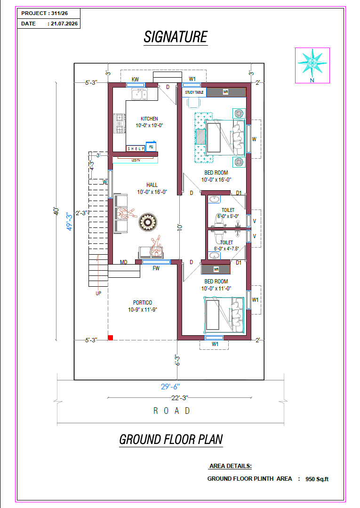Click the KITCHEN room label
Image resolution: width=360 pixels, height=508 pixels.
(149, 119)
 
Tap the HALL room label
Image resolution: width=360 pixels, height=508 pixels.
(152, 185)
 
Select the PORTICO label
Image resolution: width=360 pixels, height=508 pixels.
(143, 303)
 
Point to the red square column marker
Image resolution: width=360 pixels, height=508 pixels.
(111, 338)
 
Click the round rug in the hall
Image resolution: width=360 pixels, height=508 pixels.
(148, 222)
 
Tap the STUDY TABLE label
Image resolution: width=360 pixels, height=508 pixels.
(194, 92)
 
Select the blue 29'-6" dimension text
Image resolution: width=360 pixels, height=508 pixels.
(170, 387)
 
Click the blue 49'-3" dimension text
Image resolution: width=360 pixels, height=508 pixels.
(69, 222)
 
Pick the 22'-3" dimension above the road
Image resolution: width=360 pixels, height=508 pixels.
(180, 397)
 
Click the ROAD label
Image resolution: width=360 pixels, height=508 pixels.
(172, 411)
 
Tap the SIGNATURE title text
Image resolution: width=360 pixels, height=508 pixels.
(176, 37)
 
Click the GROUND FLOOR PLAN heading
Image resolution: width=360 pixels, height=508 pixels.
(171, 440)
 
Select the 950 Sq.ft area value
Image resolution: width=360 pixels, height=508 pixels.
(317, 479)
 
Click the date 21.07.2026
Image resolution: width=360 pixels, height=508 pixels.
(64, 24)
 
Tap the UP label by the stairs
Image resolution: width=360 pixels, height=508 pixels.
(98, 293)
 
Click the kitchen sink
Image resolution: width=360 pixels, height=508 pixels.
(140, 94)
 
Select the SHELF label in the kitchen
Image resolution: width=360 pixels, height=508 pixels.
(136, 149)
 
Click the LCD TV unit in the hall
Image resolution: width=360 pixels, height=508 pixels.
(136, 160)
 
